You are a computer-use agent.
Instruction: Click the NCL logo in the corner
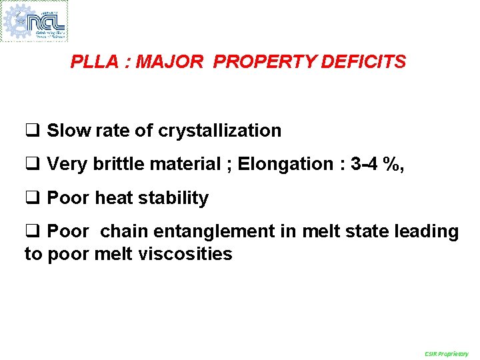point(35,21)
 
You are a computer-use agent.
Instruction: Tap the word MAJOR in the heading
point(169,63)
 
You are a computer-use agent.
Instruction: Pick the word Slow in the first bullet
point(69,131)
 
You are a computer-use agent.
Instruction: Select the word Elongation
point(285,164)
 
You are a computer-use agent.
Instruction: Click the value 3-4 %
point(375,164)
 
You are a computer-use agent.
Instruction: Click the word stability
point(173,198)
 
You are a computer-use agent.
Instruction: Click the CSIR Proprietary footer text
point(446,353)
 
